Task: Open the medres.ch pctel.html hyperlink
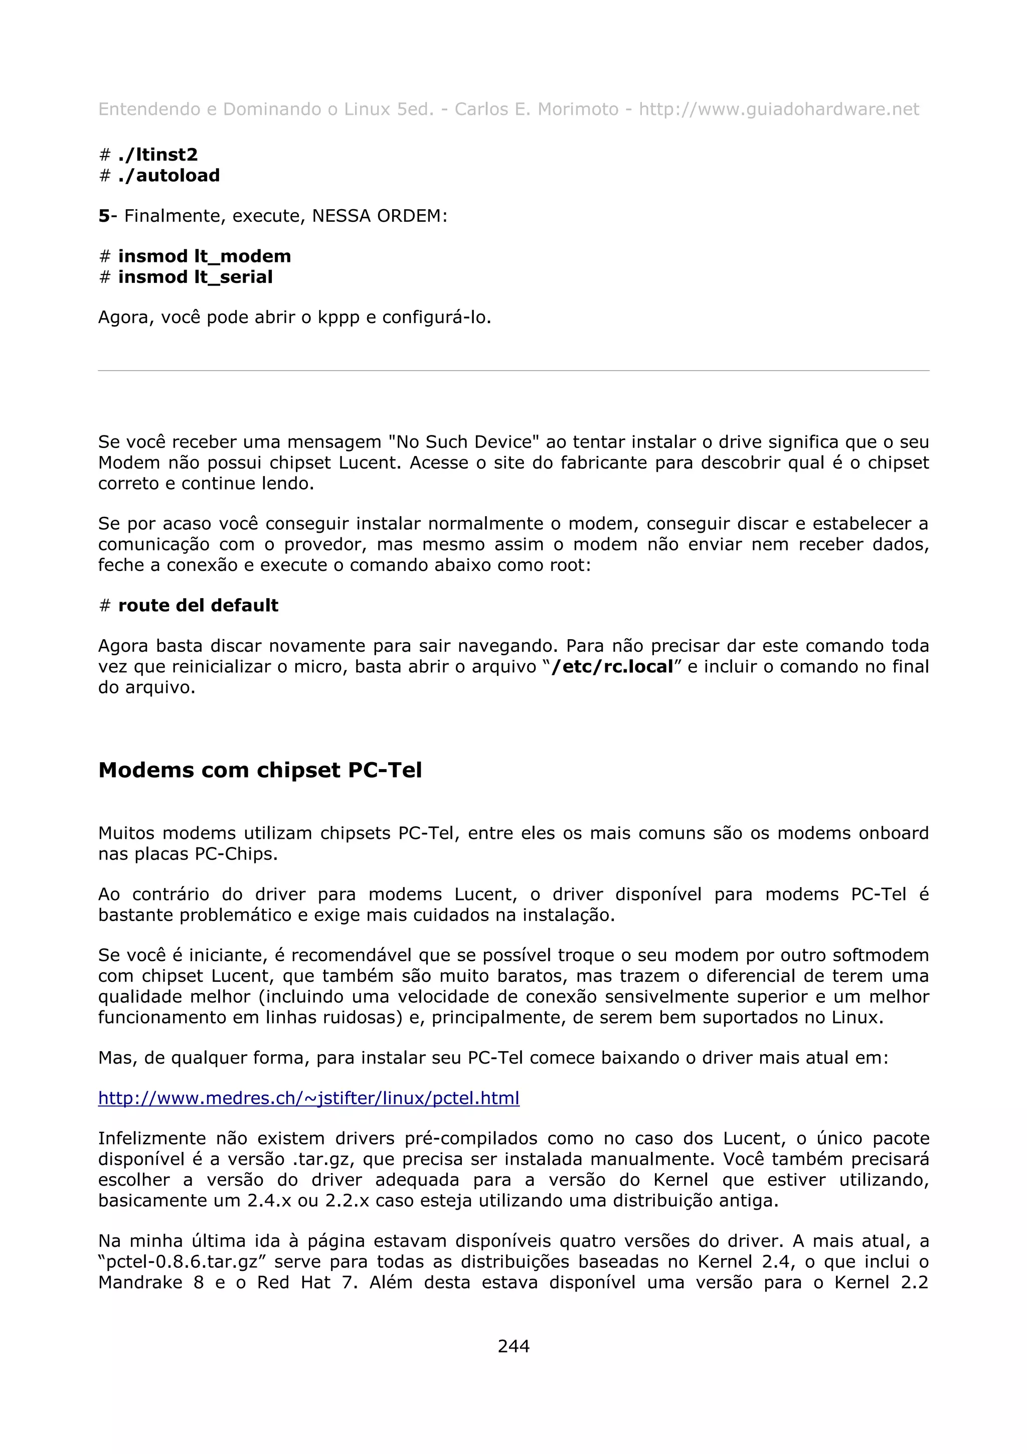click(309, 1098)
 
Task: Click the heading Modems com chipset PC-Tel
click(260, 770)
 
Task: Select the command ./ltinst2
click(157, 155)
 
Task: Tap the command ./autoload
click(169, 176)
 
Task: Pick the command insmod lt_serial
click(196, 277)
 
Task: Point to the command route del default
click(198, 606)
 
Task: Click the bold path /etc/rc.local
click(612, 667)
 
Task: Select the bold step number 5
click(104, 216)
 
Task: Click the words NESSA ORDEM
click(379, 216)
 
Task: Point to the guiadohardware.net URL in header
click(778, 109)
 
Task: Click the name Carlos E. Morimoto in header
click(536, 109)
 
